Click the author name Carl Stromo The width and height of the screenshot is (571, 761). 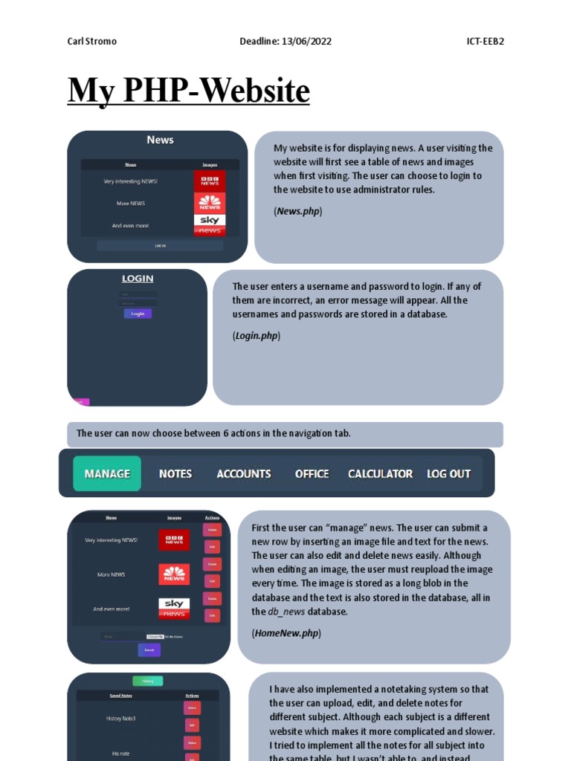coord(91,41)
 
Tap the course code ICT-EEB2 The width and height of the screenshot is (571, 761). coord(480,41)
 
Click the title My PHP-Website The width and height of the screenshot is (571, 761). coord(188,91)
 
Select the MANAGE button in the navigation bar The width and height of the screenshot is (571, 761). coord(107,473)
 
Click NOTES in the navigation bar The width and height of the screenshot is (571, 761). coord(175,473)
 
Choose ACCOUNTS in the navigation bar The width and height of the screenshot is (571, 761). coord(244,473)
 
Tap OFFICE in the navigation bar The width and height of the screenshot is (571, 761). coord(312,473)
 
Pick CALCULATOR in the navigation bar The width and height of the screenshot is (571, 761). coord(380,473)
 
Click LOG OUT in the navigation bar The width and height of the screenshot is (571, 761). coord(448,473)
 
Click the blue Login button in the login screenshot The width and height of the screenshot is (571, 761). coord(138,314)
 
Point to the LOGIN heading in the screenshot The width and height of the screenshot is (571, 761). coord(138,279)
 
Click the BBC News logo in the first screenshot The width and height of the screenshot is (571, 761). coord(210,181)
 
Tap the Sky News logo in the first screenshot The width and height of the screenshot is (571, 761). coord(210,224)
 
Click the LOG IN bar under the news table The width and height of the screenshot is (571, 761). coord(160,245)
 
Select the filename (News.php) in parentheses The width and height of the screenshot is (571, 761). coord(297,211)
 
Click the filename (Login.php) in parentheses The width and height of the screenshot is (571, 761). coord(257,335)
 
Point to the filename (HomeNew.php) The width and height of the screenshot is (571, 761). coord(286,633)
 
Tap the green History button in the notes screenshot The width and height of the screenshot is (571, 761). coord(147,681)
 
